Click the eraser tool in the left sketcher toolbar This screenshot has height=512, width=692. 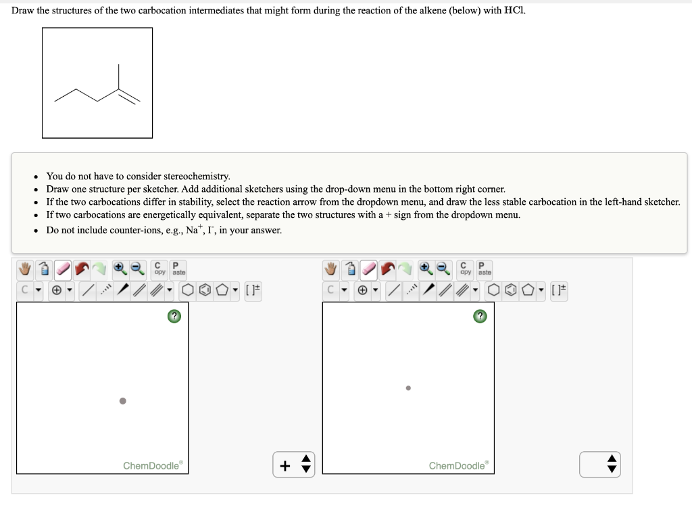click(63, 269)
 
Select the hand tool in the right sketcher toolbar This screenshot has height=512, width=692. click(330, 269)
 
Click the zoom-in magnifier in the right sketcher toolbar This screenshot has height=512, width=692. click(425, 269)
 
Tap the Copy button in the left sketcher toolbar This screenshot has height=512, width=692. click(159, 269)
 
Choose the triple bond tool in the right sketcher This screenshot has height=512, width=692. click(463, 291)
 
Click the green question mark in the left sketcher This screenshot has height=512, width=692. click(174, 317)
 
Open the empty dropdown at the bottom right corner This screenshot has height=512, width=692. click(599, 464)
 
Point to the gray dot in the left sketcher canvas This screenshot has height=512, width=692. click(122, 400)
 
